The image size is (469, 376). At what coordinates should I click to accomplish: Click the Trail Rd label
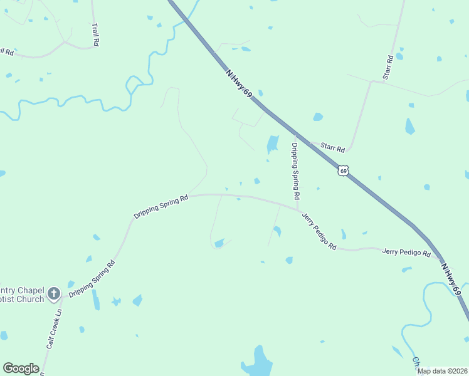[95, 34]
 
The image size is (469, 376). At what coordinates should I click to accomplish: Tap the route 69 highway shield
[342, 170]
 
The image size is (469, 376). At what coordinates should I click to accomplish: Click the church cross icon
[54, 293]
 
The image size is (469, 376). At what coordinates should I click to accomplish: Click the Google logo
[21, 368]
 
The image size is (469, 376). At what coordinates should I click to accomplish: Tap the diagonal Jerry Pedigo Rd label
[319, 231]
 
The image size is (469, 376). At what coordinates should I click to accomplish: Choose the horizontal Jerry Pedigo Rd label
[406, 253]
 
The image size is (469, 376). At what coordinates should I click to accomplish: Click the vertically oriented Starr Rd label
[389, 67]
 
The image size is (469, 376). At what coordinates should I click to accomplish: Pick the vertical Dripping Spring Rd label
[294, 171]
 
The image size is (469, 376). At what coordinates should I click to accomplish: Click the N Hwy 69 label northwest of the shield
[239, 83]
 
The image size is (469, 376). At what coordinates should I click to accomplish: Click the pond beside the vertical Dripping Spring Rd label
[273, 145]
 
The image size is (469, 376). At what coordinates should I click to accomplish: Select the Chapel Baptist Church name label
[22, 293]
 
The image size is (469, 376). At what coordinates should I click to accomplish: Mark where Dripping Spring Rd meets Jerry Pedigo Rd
[298, 209]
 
